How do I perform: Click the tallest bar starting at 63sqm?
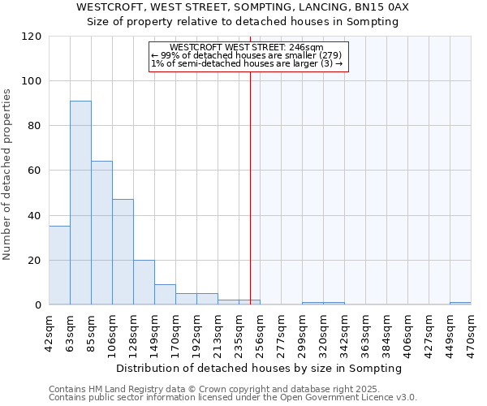80,203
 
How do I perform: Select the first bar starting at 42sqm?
59,266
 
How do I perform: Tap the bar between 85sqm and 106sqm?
101,233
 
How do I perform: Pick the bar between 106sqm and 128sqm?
123,252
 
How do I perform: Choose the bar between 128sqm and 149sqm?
144,283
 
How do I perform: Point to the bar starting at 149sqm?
165,295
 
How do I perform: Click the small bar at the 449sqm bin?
460,304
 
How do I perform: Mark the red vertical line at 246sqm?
250,187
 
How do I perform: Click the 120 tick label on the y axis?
32,37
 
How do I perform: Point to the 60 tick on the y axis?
36,171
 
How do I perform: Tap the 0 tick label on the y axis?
38,305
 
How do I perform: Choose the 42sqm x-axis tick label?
49,331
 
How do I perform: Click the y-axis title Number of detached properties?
7,175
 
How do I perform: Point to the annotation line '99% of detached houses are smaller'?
249,55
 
